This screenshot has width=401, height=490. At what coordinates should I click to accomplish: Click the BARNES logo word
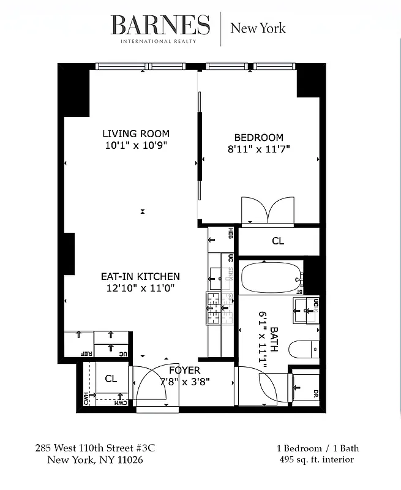(160, 25)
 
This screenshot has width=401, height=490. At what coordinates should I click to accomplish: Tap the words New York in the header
(257, 28)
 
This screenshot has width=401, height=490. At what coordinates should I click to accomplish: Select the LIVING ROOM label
(136, 134)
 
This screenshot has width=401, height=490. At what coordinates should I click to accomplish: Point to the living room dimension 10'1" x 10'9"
(136, 145)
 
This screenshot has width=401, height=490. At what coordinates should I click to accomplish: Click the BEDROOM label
(259, 137)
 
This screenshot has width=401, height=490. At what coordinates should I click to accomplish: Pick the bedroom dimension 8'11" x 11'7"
(259, 148)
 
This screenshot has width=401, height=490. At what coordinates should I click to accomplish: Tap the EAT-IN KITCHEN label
(140, 276)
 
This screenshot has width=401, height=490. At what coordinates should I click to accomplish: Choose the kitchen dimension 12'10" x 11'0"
(140, 288)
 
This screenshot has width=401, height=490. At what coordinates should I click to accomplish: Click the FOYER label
(184, 370)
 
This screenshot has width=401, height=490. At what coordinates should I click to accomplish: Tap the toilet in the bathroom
(304, 350)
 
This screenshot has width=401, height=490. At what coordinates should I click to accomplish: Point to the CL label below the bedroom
(278, 241)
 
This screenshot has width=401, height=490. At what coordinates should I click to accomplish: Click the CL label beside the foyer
(110, 379)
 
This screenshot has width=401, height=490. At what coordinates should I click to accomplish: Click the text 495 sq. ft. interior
(316, 459)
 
